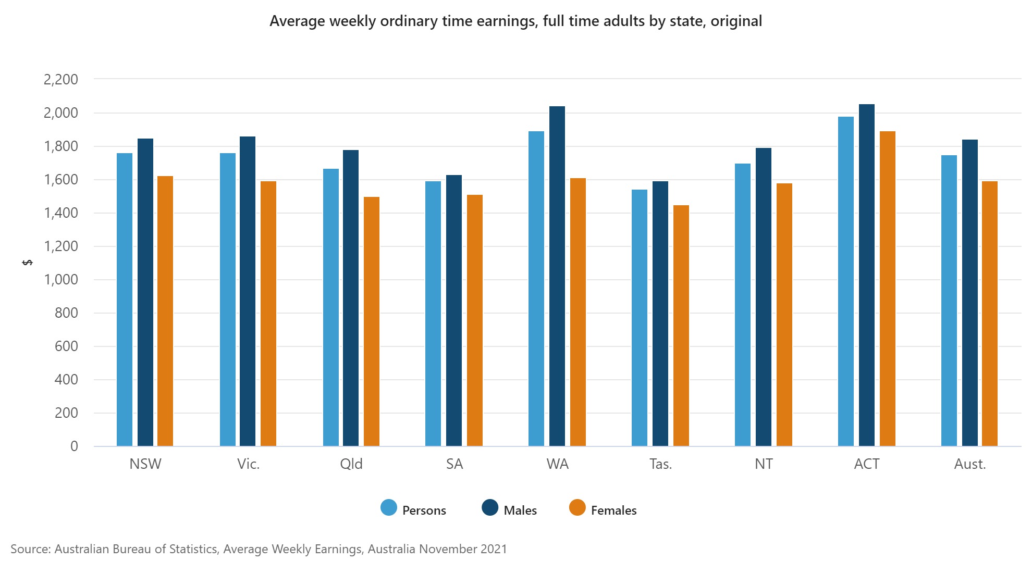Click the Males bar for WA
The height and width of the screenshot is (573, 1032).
pos(557,276)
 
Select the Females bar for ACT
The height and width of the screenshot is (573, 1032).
pos(887,289)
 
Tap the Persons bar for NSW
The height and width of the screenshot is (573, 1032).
pos(125,300)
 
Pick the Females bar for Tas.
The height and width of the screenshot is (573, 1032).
pos(681,326)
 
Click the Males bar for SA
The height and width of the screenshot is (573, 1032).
pos(454,310)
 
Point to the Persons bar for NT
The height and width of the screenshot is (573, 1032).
pos(743,305)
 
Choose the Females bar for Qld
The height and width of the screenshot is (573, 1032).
pos(372,321)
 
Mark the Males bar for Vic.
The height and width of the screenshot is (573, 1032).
pos(248,291)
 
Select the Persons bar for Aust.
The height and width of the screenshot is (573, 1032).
pos(949,301)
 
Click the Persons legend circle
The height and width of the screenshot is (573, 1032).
pos(389,507)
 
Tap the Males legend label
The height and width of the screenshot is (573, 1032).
pos(520,510)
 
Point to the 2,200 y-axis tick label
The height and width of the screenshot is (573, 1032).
pos(61,80)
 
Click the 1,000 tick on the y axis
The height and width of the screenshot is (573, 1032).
pos(61,280)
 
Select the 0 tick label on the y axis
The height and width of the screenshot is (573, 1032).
pos(74,446)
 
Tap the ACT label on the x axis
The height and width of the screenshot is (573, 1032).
pos(866,464)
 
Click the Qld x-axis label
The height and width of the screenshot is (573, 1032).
pos(351,464)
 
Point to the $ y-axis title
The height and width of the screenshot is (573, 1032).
pos(28,262)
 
